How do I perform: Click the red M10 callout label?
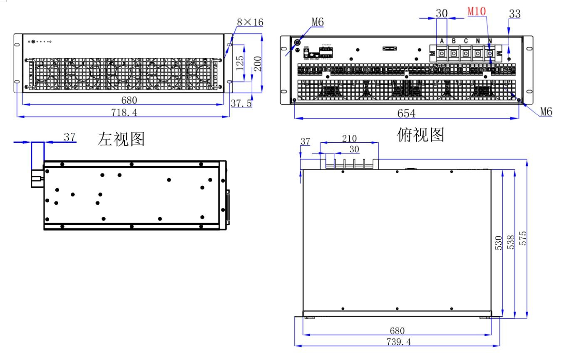click(x=477, y=12)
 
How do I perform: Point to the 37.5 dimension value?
click(x=241, y=104)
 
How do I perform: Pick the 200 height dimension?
click(x=258, y=64)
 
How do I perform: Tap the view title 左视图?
click(x=121, y=139)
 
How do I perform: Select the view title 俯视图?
click(x=421, y=134)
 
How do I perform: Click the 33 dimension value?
click(x=514, y=13)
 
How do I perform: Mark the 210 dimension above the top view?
click(x=350, y=138)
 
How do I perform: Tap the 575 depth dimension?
click(x=523, y=238)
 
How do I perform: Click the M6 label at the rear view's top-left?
click(x=318, y=22)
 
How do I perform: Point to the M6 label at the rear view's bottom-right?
click(x=546, y=111)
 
